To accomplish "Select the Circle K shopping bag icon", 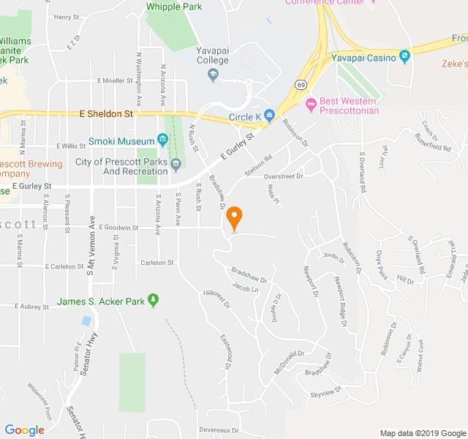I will [x=270, y=115].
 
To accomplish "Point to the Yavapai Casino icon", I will [x=404, y=56].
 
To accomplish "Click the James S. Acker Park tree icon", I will [x=153, y=300].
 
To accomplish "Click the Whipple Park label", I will [x=174, y=7].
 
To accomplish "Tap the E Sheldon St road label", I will [x=106, y=114].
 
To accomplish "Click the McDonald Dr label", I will [x=288, y=362].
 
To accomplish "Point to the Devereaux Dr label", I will [x=218, y=430].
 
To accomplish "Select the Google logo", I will [x=24, y=429].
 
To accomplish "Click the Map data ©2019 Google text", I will [x=422, y=433].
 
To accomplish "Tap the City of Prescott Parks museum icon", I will [x=176, y=167].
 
